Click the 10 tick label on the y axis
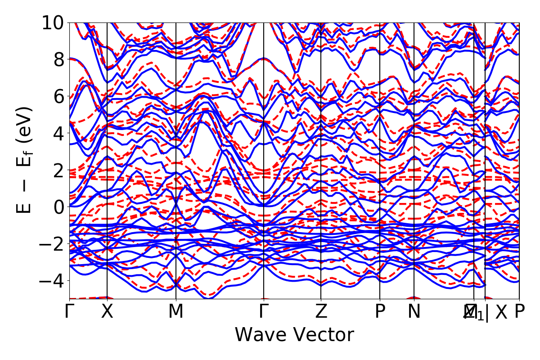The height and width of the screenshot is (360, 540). (x=54, y=22)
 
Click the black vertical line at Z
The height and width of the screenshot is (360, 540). (x=321, y=135)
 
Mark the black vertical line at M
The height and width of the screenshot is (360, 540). (x=175, y=135)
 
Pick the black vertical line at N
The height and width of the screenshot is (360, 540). (x=414, y=135)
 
